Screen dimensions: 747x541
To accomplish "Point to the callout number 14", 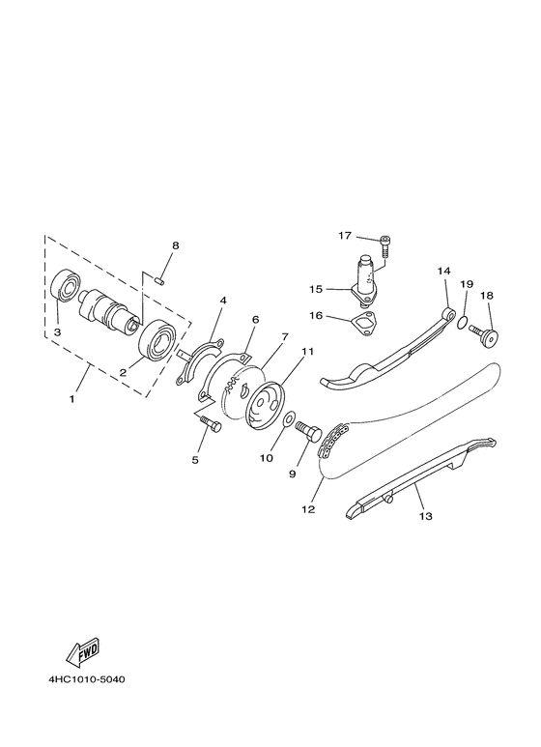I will pos(442,272).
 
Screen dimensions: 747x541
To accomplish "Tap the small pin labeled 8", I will pos(161,280).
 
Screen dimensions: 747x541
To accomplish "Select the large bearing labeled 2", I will pos(157,339).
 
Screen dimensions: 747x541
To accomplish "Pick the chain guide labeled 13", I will pos(415,482).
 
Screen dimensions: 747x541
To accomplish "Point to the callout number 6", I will pos(255,319).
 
